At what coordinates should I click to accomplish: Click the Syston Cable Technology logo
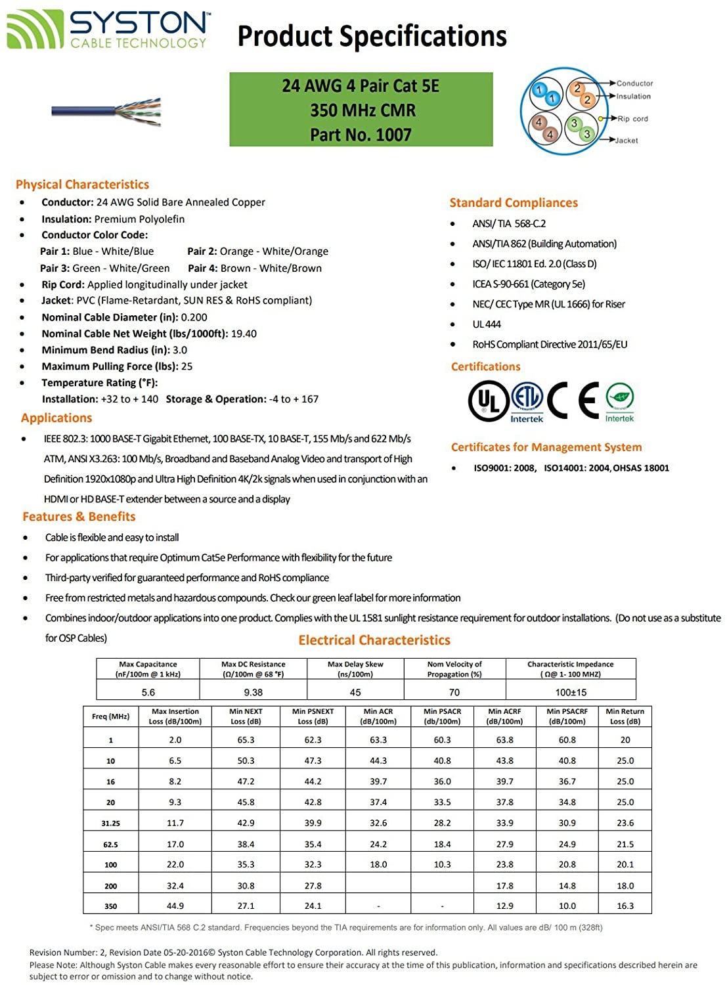pos(108,30)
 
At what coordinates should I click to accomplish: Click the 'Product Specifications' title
pos(372,36)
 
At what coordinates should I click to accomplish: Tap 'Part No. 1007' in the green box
pos(361,135)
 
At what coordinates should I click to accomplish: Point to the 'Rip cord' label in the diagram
pos(632,119)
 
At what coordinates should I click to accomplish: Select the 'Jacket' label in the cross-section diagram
pos(627,141)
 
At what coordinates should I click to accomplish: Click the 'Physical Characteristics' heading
pos(82,185)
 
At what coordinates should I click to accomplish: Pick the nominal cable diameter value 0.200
pos(194,317)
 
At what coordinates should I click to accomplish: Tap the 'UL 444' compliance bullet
pos(487,324)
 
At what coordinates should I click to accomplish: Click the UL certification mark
pos(487,401)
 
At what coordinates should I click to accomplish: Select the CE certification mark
pos(573,400)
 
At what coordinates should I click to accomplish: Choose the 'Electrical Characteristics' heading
pos(374,640)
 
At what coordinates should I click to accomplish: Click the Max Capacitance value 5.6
pos(148,692)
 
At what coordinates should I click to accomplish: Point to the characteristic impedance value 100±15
pos(571,692)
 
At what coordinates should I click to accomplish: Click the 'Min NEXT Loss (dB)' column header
pos(246,716)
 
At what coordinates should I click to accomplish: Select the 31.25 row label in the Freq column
pos(110,823)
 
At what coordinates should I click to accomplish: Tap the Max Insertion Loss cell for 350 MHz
pos(175,906)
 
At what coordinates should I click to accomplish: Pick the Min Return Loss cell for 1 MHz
pos(625,740)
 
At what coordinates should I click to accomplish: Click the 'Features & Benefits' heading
pos(79,517)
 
